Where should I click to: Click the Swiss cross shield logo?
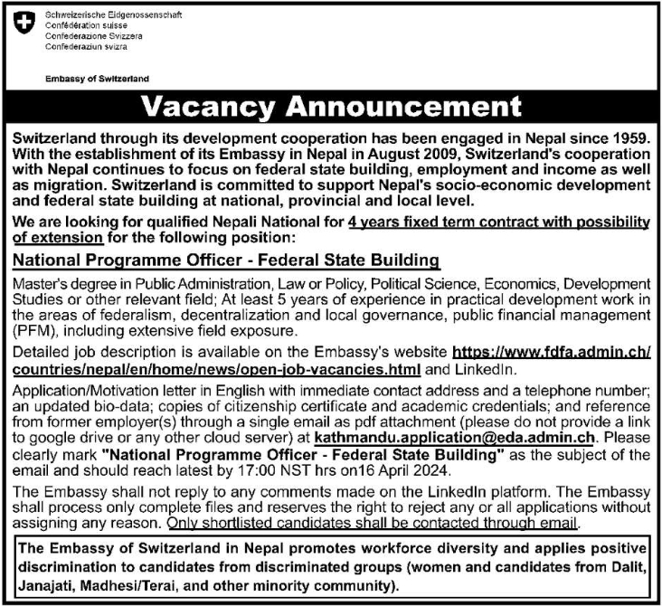tap(24, 25)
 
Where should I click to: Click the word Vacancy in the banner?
tap(210, 108)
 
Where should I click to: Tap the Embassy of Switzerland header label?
tap(97, 79)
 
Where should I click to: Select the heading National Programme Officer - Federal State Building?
tap(226, 260)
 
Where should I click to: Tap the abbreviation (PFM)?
tap(33, 330)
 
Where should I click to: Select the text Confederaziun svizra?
tap(88, 44)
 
